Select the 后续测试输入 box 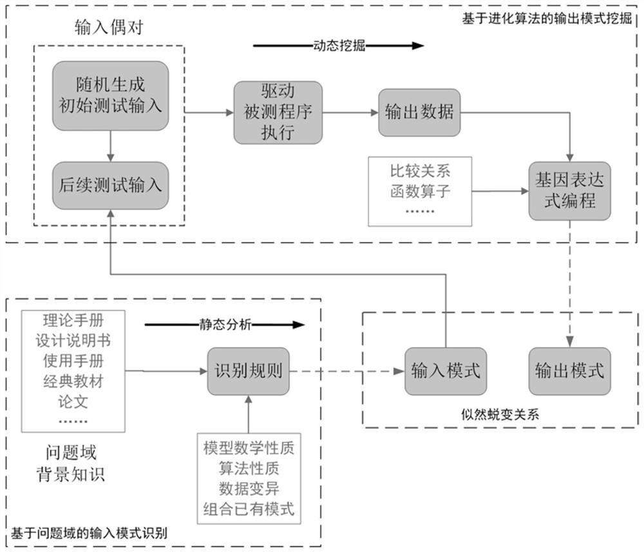pos(111,185)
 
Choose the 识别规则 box pos(248,371)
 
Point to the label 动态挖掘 pos(339,46)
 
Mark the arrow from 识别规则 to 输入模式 pos(344,371)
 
